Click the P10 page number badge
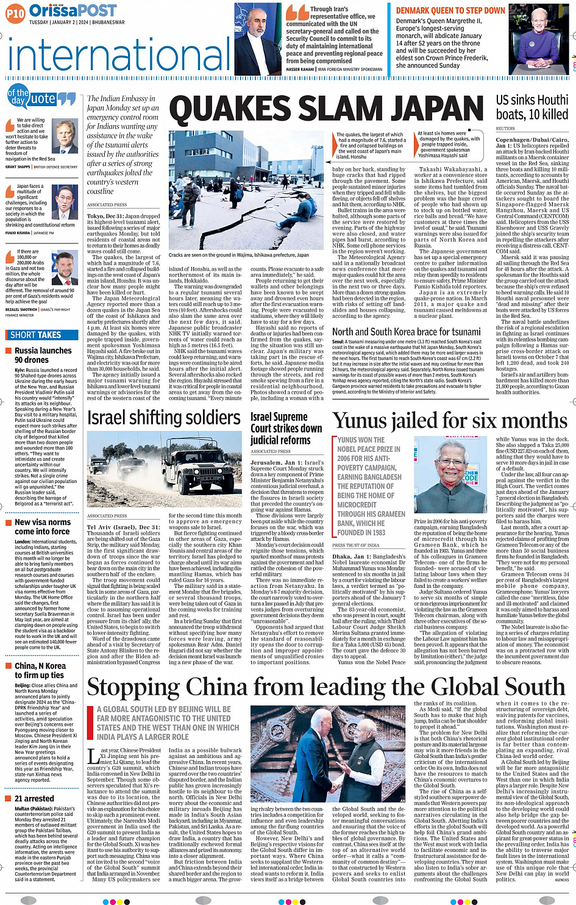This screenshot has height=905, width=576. point(15,12)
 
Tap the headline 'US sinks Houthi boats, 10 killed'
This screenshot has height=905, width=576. point(532,107)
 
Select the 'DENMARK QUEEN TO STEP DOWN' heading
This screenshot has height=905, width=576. point(450,10)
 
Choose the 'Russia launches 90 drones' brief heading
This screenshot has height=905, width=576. point(43,355)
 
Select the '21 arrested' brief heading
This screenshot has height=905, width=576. point(34,798)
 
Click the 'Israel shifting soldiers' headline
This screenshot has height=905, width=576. point(164,418)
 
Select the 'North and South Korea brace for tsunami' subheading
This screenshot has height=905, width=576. point(407,332)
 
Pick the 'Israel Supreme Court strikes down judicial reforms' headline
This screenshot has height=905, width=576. point(286,428)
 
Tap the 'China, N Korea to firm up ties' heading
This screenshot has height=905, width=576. point(40,670)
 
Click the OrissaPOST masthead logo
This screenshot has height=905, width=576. point(73,10)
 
